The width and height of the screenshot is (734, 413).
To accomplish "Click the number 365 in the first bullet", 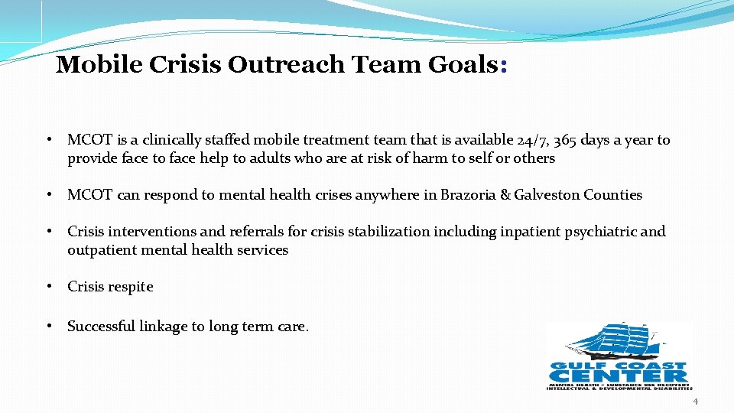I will (x=566, y=140).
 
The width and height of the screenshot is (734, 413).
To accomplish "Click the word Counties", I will (x=613, y=195).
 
